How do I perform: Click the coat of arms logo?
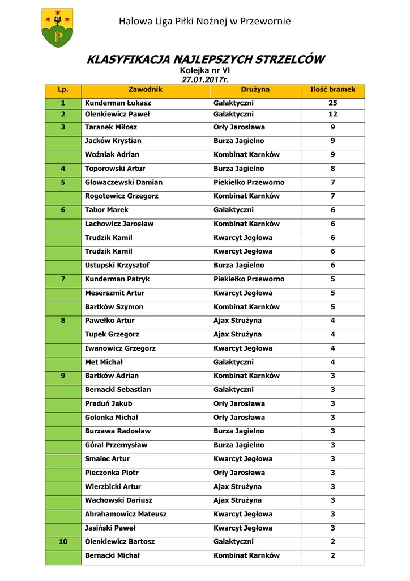click(57, 27)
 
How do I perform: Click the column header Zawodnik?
click(146, 90)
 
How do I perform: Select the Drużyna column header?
click(255, 90)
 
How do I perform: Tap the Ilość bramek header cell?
click(332, 90)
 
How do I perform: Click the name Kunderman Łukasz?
click(118, 103)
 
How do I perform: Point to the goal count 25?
click(332, 103)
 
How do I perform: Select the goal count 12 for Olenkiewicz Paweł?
click(332, 114)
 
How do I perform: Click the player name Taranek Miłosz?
click(111, 127)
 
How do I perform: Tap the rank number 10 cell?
click(63, 542)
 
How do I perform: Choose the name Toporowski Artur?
click(115, 169)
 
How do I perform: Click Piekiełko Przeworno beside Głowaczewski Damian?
click(249, 182)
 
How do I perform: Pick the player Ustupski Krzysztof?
click(117, 265)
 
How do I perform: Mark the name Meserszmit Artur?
click(114, 293)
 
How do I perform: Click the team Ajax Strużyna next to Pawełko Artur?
click(237, 321)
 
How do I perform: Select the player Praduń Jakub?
click(108, 403)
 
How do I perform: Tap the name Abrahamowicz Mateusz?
click(126, 514)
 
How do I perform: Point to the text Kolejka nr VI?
click(205, 70)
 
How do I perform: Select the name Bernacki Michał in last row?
click(112, 555)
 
